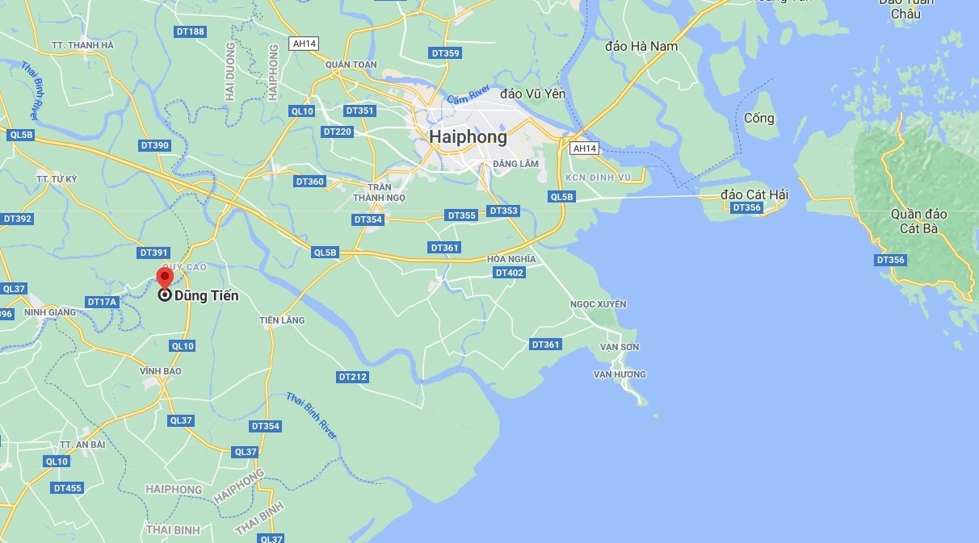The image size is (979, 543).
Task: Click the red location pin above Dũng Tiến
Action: (x=164, y=277)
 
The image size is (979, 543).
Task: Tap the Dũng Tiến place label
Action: (x=206, y=296)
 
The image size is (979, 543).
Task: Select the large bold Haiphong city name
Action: (x=468, y=137)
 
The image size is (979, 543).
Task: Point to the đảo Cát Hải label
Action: (x=754, y=194)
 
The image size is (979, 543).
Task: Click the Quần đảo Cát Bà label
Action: (x=918, y=221)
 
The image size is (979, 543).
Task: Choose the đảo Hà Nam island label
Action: (x=641, y=46)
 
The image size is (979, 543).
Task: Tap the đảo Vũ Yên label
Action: (x=533, y=94)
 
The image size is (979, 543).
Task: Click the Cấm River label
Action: (x=468, y=94)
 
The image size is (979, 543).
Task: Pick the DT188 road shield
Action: (x=190, y=31)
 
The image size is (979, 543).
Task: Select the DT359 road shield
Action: (x=445, y=53)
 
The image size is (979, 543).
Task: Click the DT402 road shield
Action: (x=509, y=273)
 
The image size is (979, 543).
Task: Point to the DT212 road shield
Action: (x=353, y=377)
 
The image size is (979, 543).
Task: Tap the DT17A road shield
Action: (x=103, y=302)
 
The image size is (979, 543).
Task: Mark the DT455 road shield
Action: (x=67, y=488)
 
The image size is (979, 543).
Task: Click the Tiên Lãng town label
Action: (x=282, y=320)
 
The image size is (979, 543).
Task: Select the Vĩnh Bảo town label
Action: (x=161, y=371)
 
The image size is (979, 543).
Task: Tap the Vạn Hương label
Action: (x=620, y=374)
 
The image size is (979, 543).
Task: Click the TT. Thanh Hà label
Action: (x=82, y=45)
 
